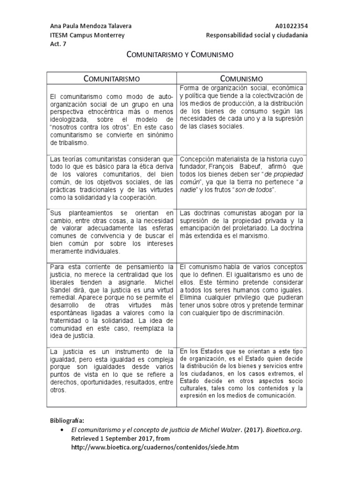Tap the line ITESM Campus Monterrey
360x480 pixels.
pos(87,36)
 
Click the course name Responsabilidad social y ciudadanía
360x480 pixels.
pos(257,36)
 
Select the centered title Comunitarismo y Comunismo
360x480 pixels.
pos(180,55)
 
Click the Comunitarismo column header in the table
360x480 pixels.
pos(112,79)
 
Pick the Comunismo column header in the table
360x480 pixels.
pos(241,79)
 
